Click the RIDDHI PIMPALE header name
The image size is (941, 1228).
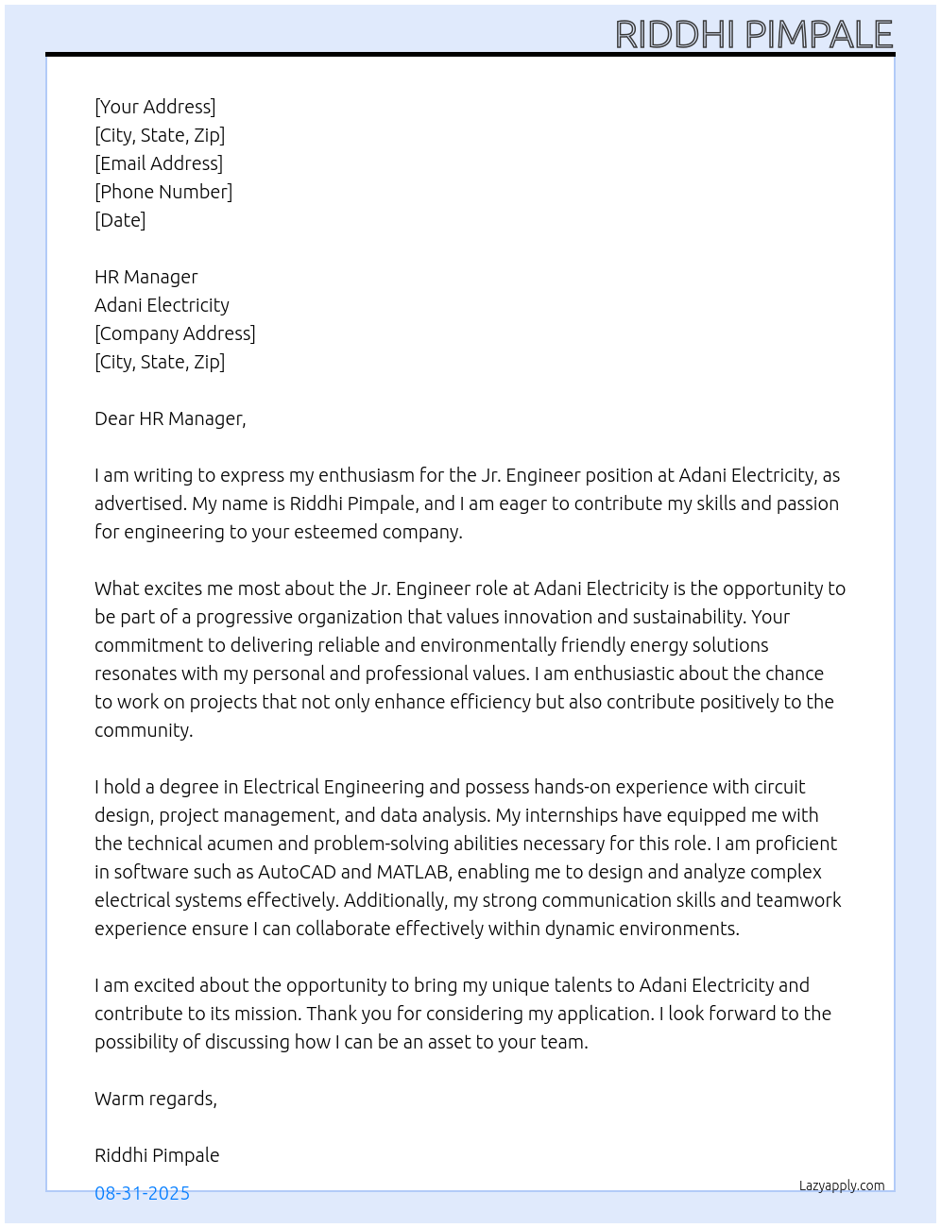(754, 35)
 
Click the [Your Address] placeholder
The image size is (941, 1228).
(155, 107)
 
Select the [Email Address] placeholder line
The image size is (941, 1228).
(159, 163)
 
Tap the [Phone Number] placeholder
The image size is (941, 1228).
(163, 192)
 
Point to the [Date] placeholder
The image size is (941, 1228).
(120, 220)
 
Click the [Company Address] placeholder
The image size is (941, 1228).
(175, 333)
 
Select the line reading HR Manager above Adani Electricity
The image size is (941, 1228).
(146, 277)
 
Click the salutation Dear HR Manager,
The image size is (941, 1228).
(170, 418)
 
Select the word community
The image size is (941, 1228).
(143, 730)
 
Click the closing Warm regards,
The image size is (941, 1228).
(156, 1099)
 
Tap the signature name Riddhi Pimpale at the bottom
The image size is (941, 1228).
(157, 1155)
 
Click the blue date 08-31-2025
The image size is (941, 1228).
(142, 1193)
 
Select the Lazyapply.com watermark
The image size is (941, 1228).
(842, 1185)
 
